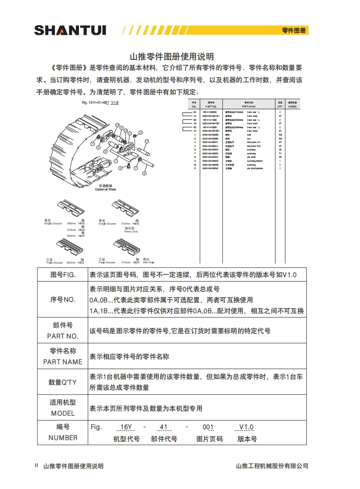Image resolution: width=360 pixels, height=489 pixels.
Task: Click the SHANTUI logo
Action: coord(70,30)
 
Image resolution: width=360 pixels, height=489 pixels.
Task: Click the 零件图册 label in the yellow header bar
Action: coord(294,31)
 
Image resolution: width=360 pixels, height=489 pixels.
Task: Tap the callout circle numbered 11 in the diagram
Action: coord(147,141)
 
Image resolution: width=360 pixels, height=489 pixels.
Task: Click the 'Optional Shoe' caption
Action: coord(105,189)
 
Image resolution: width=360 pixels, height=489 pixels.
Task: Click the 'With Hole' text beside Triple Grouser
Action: coord(149,263)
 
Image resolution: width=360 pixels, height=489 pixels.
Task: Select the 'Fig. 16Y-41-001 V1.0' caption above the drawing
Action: coord(100,102)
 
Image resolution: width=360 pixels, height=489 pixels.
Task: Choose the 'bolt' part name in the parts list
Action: coord(249,135)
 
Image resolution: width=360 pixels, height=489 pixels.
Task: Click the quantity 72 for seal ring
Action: coord(280,153)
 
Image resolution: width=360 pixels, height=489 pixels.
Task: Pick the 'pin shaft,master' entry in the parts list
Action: coord(255,168)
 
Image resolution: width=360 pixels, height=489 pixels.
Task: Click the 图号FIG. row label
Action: coord(63,275)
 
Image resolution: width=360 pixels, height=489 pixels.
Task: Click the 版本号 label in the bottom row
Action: coord(247,439)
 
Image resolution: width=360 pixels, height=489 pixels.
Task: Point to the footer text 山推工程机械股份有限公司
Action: coord(272,466)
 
